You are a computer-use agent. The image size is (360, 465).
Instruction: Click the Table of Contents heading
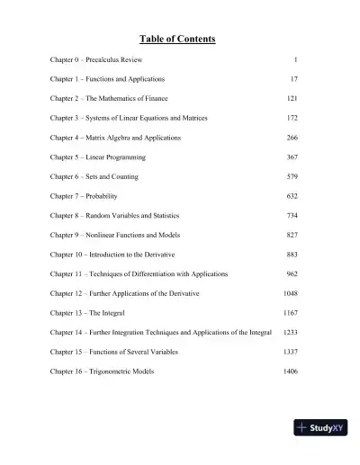click(177, 39)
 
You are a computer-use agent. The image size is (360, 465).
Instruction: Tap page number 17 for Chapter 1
click(293, 79)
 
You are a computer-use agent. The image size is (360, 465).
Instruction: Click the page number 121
click(292, 98)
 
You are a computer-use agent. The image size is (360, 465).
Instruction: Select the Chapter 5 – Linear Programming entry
click(97, 157)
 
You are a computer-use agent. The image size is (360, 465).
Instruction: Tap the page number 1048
click(290, 293)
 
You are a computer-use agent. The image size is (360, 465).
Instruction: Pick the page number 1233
click(290, 332)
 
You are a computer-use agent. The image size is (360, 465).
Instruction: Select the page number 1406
click(290, 371)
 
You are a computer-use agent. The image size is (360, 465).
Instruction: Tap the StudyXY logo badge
click(320, 429)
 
